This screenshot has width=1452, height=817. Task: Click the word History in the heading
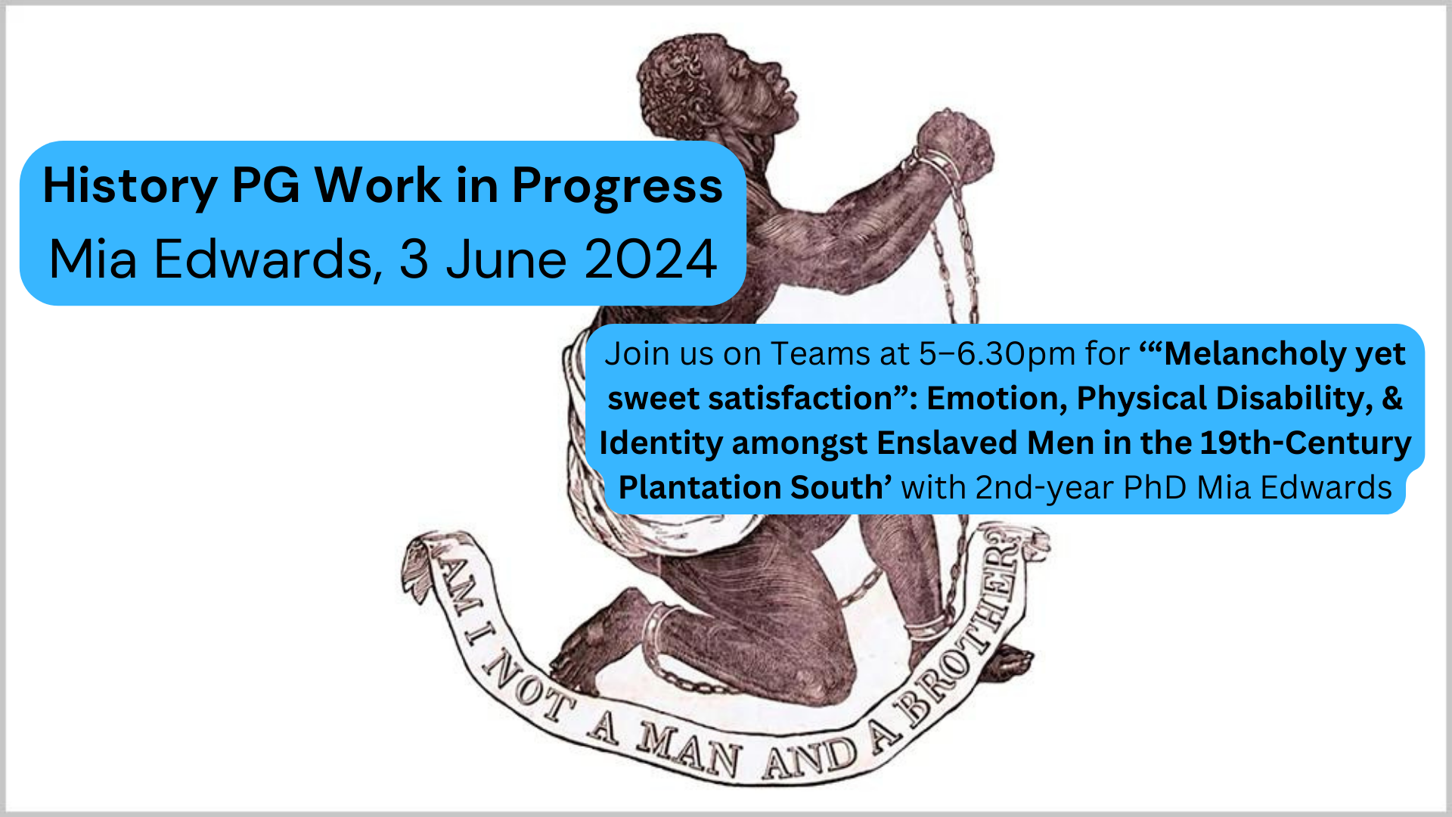pos(130,186)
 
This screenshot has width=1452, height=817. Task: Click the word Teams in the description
pos(821,354)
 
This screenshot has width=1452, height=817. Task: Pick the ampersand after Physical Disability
pos(1392,399)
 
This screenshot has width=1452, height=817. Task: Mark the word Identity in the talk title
pos(660,443)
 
